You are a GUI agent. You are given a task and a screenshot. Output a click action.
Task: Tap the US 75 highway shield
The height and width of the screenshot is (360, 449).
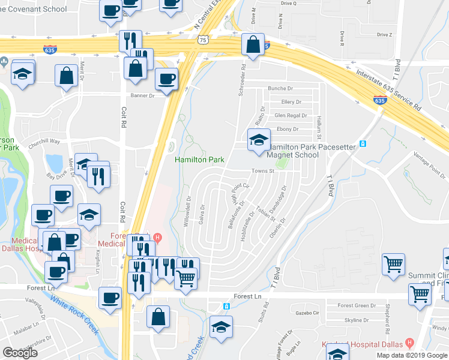(203, 40)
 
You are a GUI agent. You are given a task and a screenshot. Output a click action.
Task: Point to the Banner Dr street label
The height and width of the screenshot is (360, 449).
(143, 95)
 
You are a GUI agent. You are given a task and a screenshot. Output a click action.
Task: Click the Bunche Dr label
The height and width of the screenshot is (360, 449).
(280, 88)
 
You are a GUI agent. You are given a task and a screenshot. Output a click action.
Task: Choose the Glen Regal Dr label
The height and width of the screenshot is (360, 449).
(291, 115)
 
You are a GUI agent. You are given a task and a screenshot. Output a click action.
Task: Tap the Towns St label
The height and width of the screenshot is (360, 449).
(262, 171)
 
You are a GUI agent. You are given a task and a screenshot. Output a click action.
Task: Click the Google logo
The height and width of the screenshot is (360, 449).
(20, 353)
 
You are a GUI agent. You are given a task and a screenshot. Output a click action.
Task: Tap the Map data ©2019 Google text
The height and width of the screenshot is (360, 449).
(412, 355)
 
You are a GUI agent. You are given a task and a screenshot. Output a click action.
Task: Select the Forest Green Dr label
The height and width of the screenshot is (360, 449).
(357, 305)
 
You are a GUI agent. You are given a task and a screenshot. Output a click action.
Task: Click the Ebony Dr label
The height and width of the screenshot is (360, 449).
(288, 129)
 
